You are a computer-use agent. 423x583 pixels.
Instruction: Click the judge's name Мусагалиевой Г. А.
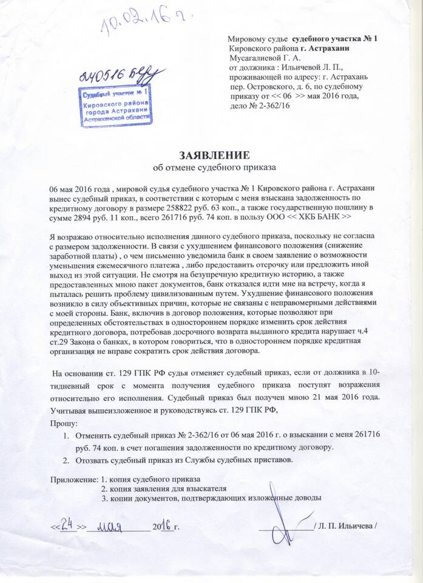click(263, 58)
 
